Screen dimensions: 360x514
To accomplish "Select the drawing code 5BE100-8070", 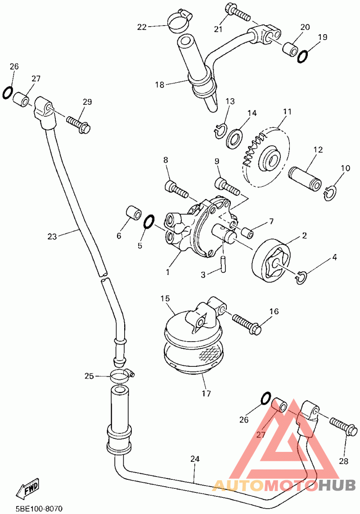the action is point(39,509).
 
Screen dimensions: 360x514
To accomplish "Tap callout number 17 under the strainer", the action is point(206,393).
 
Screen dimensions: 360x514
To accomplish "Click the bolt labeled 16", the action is point(247,323).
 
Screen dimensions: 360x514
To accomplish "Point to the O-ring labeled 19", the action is point(302,56).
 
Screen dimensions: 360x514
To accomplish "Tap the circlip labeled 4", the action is point(301,278).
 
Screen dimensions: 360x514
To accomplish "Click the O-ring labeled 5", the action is point(148,222).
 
